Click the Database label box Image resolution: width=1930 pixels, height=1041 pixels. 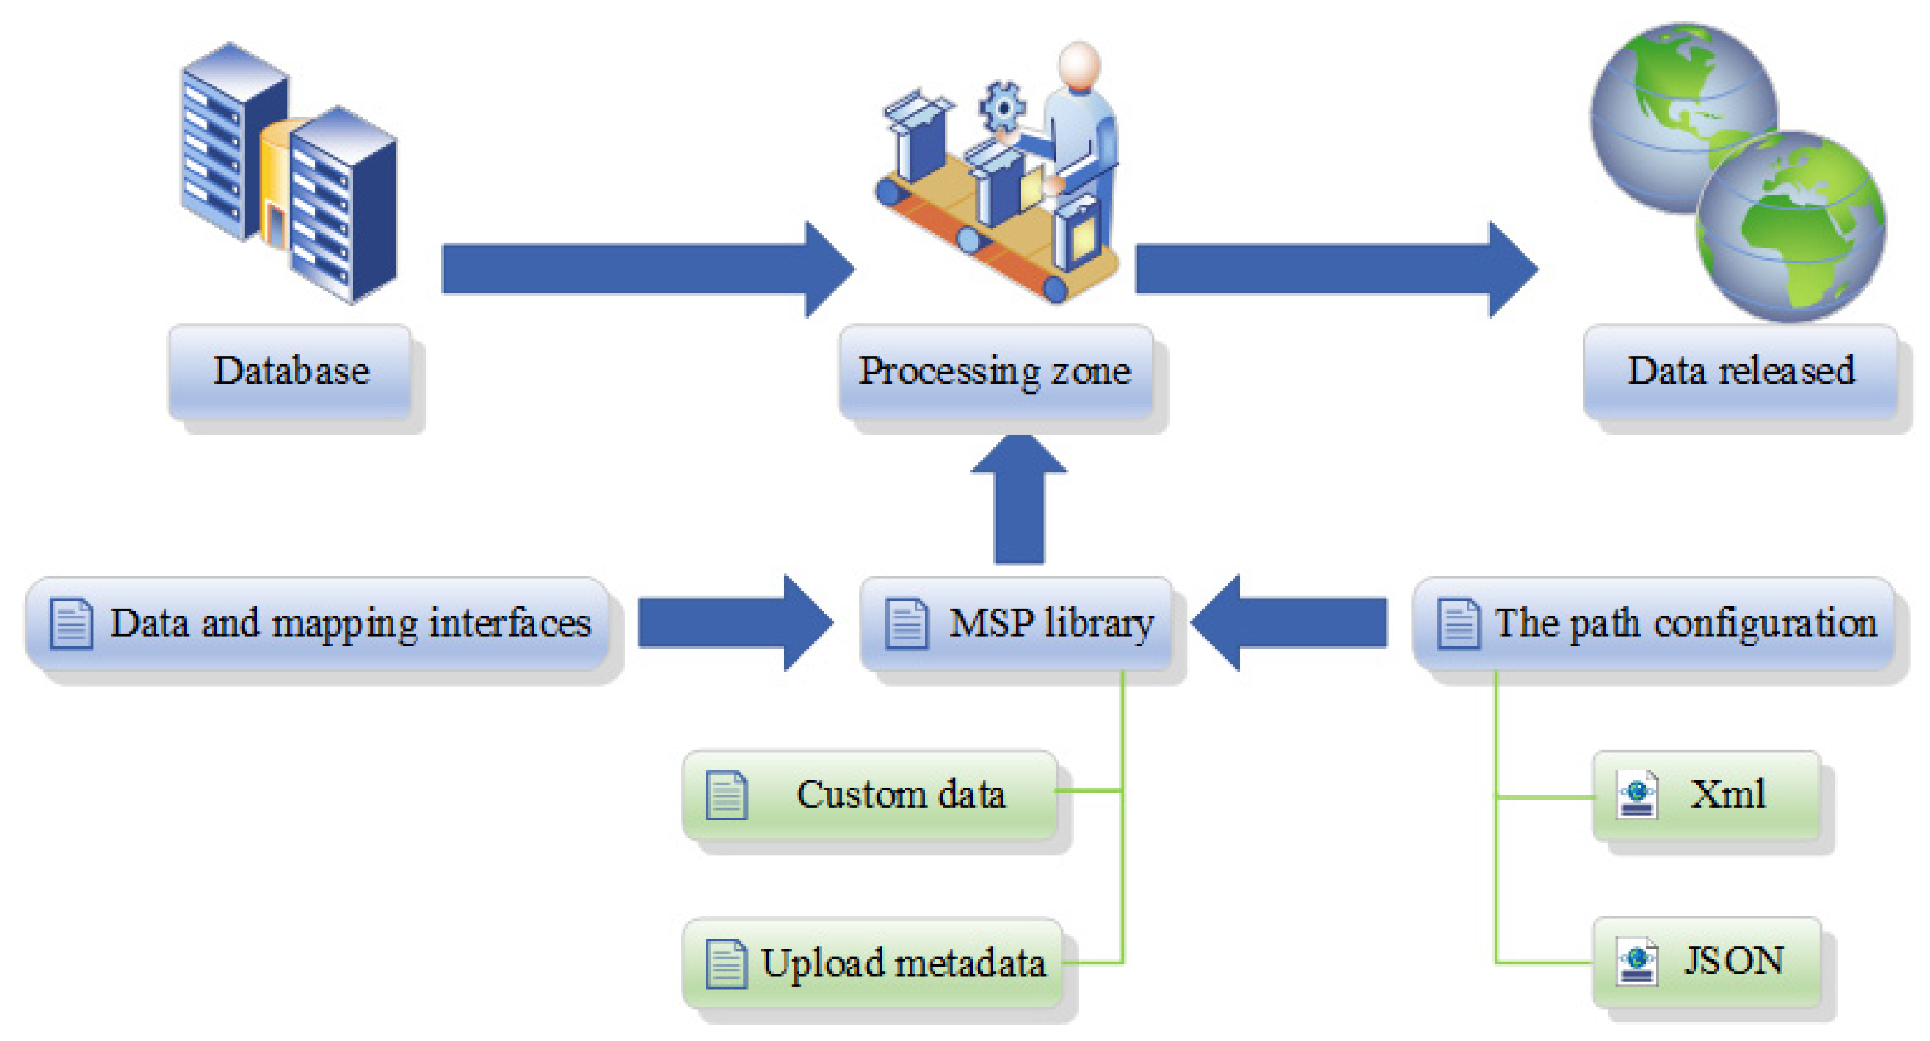(290, 371)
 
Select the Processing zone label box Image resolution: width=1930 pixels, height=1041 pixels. (995, 371)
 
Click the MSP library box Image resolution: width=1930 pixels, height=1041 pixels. (1016, 623)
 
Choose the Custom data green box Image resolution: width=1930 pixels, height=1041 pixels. (869, 794)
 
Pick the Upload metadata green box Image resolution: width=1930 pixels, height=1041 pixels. (873, 963)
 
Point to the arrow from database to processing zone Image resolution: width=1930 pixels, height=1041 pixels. (644, 268)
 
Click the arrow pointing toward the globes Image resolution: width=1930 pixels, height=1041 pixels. (1334, 268)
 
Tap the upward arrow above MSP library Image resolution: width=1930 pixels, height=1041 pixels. (1019, 499)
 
